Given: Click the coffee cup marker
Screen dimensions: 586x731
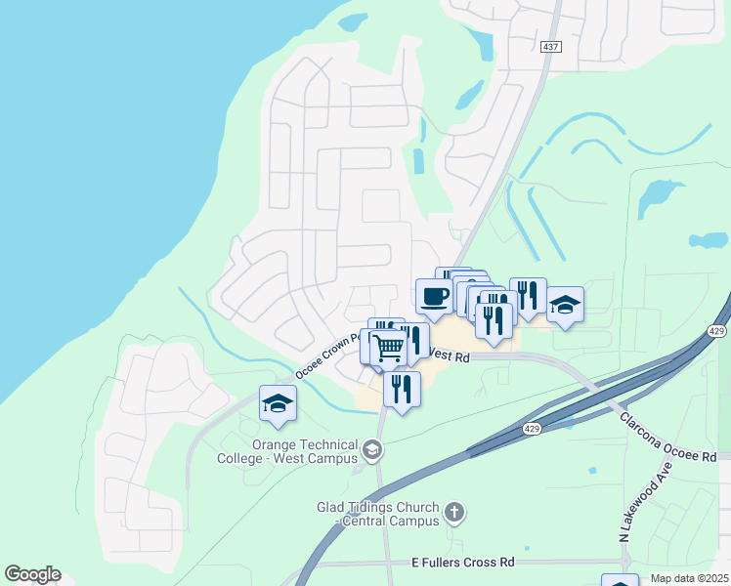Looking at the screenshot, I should tap(434, 296).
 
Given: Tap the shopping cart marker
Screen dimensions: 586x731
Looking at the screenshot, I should tap(388, 347).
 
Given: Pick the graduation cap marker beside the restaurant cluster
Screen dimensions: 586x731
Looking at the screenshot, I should tap(565, 305).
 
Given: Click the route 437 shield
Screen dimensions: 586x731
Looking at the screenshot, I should tap(550, 47).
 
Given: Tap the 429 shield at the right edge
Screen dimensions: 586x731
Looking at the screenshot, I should tap(716, 332).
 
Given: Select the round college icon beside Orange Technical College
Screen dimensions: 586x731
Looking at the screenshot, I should tap(371, 449).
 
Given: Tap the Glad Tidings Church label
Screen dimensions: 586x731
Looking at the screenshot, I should tap(378, 514).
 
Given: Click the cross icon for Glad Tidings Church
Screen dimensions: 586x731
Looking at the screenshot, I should tap(453, 511).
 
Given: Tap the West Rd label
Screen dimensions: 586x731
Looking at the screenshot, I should tap(451, 358).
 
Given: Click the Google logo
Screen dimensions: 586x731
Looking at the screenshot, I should tap(32, 574).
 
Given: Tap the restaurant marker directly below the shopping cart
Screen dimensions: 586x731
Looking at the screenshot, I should tap(402, 388).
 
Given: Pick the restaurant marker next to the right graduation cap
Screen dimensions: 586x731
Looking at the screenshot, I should tap(528, 295).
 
